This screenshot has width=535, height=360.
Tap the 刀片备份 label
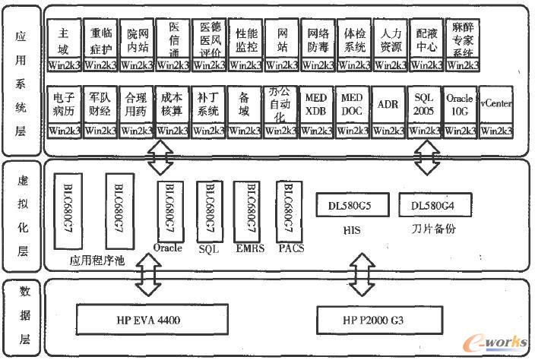click(x=432, y=229)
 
